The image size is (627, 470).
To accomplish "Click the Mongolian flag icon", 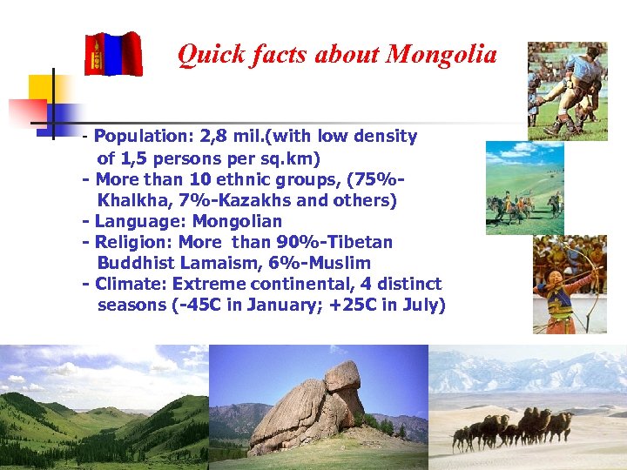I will pos(113,54).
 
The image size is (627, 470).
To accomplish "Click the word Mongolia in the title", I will pos(442,55).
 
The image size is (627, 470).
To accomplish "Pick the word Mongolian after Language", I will pos(237,221).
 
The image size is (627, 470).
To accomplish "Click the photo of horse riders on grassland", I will pos(524,189).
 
